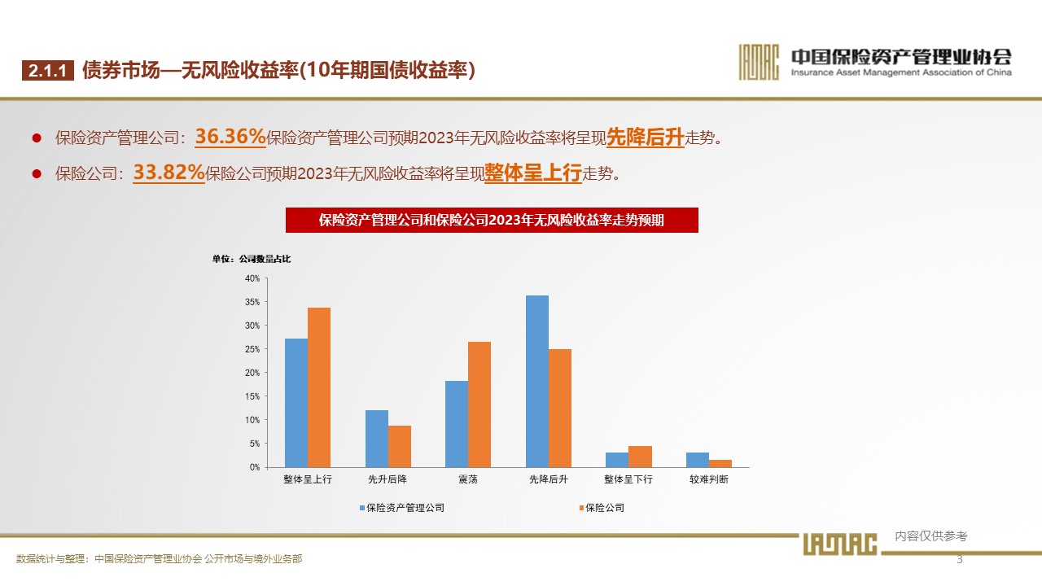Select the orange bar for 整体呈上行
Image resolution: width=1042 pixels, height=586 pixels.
(319, 387)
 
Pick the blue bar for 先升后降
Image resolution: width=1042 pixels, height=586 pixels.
(377, 439)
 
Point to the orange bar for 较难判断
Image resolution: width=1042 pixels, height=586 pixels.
(720, 463)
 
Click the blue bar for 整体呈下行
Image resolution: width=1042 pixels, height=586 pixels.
(617, 460)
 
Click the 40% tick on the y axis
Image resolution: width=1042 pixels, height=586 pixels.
(252, 278)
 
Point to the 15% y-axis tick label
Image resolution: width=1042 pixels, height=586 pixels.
(252, 396)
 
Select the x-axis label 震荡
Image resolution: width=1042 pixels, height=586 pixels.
(468, 479)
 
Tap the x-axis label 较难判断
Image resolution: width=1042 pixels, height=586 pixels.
(709, 479)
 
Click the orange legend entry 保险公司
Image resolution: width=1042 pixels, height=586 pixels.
(605, 508)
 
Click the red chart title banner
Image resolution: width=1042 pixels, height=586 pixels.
(492, 220)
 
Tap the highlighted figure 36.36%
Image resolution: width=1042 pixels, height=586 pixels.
(230, 138)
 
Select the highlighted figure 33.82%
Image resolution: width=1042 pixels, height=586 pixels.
(169, 173)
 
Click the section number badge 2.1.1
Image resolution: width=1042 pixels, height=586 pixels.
(48, 71)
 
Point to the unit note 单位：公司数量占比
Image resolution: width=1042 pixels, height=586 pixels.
(252, 260)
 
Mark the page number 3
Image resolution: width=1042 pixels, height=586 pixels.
(959, 559)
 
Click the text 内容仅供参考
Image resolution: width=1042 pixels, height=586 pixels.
(931, 536)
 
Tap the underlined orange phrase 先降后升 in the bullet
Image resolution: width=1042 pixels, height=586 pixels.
(645, 138)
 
